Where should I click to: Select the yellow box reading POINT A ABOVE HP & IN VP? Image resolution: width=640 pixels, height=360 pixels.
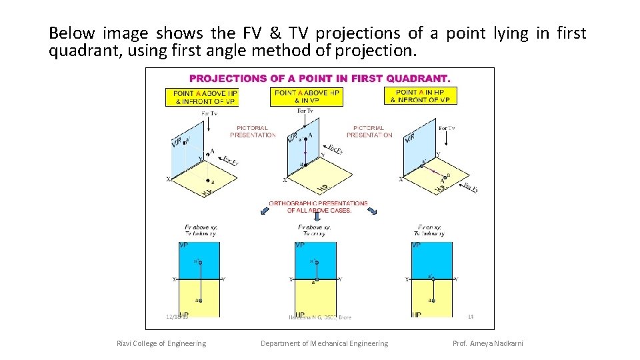[308, 96]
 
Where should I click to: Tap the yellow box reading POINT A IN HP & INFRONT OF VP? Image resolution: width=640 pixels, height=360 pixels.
[421, 96]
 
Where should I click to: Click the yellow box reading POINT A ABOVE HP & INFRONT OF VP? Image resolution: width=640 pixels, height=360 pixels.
[201, 97]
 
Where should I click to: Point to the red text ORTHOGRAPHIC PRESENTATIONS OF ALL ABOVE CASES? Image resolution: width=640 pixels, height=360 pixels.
[318, 207]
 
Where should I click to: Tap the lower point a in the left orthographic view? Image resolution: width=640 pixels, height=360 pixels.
[199, 300]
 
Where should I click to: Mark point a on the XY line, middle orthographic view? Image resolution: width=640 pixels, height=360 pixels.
[316, 279]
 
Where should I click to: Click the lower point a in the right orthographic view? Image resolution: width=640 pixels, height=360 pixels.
[433, 300]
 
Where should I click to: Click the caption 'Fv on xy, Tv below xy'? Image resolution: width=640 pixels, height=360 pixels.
[431, 231]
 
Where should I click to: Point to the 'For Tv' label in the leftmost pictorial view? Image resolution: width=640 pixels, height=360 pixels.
[209, 113]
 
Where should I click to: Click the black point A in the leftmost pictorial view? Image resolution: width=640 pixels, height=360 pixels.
[208, 155]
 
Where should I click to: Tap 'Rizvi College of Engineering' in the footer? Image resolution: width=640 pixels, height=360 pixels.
[161, 343]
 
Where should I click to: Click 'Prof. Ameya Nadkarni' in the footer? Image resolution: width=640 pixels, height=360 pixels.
[487, 343]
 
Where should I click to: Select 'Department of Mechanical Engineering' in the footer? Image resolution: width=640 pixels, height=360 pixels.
[324, 343]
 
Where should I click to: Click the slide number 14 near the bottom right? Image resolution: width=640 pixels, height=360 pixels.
[470, 316]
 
